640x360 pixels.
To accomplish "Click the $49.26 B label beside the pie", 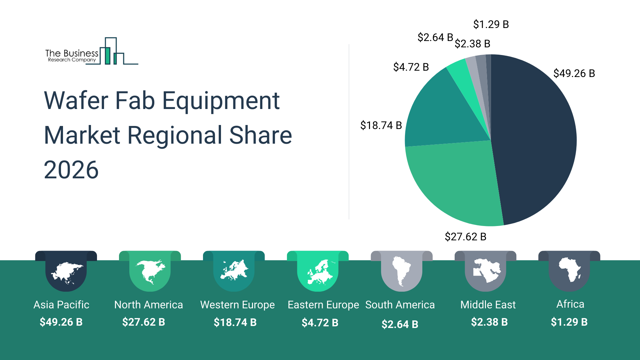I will [574, 73].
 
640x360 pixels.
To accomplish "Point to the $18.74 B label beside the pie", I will [381, 125].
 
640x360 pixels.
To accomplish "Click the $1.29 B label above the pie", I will [491, 24].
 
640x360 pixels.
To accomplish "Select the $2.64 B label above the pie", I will [435, 37].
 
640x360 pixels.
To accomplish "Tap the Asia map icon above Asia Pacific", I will [66, 273].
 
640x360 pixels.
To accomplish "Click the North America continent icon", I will [150, 272].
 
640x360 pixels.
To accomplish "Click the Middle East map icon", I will [486, 270].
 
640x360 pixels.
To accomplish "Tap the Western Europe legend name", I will [237, 305].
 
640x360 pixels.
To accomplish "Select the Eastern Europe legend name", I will [323, 305].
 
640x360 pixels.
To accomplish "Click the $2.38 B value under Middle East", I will [489, 322].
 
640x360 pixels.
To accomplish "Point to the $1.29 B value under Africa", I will [569, 322].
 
